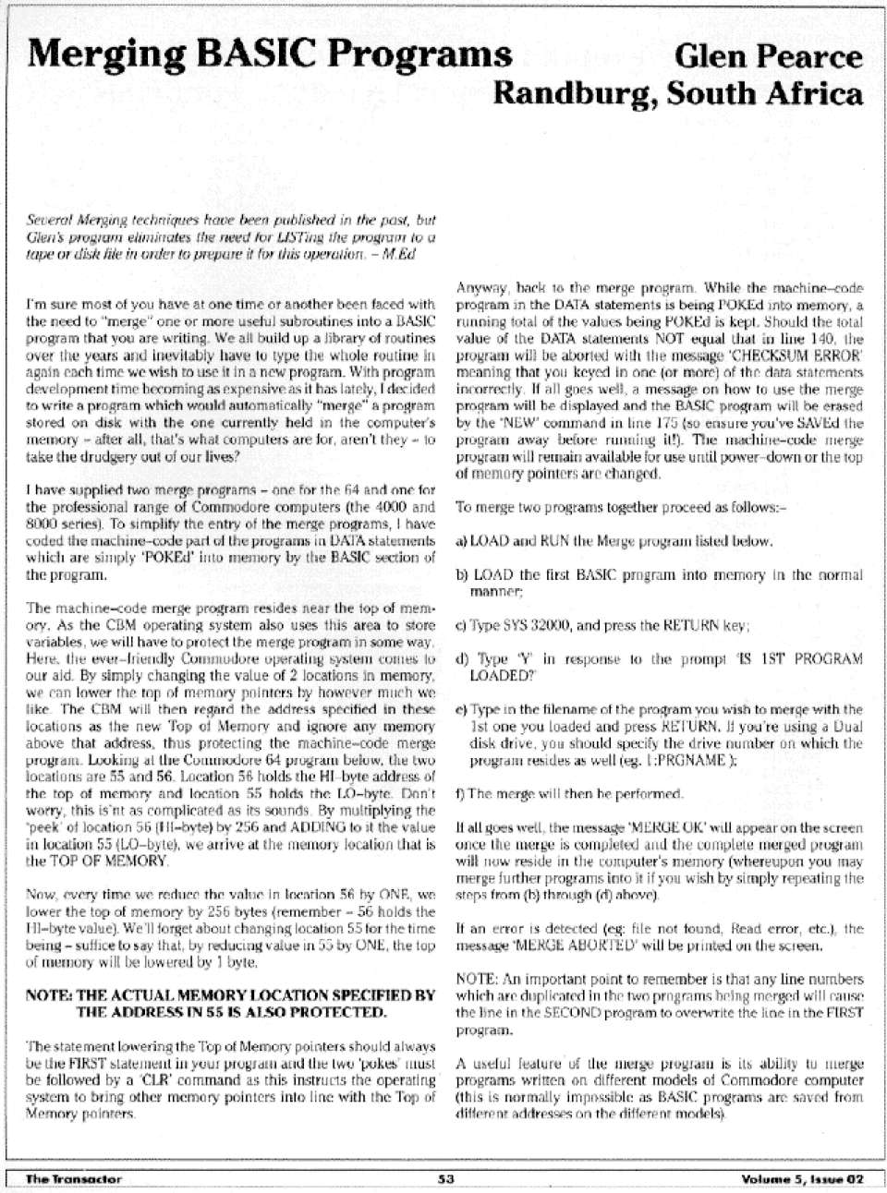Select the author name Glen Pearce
tap(769, 57)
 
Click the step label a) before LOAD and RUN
tap(463, 540)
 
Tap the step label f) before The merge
tap(462, 793)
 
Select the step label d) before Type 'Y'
tap(463, 659)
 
